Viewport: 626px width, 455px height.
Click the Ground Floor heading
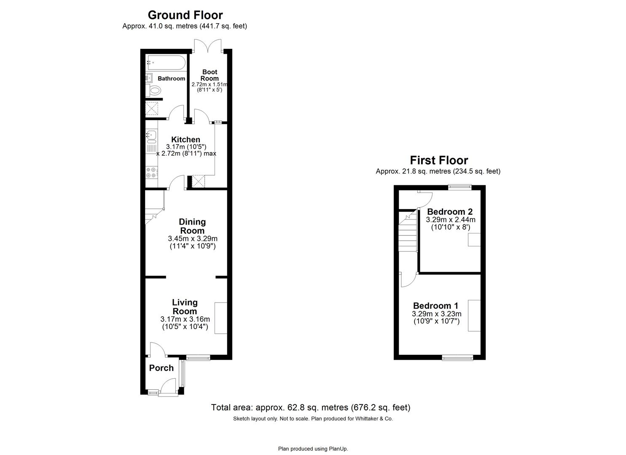coord(185,15)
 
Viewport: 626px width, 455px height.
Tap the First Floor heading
coord(438,161)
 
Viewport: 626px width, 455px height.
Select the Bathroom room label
coord(171,78)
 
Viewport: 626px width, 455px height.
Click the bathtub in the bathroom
coord(166,63)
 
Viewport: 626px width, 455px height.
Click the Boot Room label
coord(210,75)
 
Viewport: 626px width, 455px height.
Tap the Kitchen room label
coord(185,139)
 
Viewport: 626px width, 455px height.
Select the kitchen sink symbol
coord(151,136)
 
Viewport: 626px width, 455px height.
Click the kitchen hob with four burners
coord(151,172)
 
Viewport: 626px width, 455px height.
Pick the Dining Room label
coord(192,226)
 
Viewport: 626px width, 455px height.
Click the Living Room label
coord(185,307)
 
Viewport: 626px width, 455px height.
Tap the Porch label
coord(161,368)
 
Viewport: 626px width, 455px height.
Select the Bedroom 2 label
coord(450,211)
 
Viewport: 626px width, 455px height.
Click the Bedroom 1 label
coord(435,306)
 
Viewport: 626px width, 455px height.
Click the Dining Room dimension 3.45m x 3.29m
coord(193,239)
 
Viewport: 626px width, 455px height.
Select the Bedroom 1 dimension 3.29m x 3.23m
coord(436,314)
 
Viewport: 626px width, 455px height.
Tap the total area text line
coord(310,407)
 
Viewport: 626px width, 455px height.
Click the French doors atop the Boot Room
coord(208,45)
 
